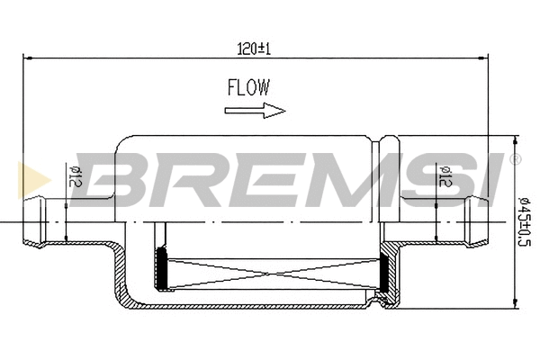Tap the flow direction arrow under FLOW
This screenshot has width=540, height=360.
tap(255, 111)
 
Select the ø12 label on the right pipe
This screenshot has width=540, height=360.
tap(444, 176)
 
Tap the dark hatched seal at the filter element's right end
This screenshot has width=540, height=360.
tap(384, 270)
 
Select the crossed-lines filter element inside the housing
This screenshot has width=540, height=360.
tap(274, 270)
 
